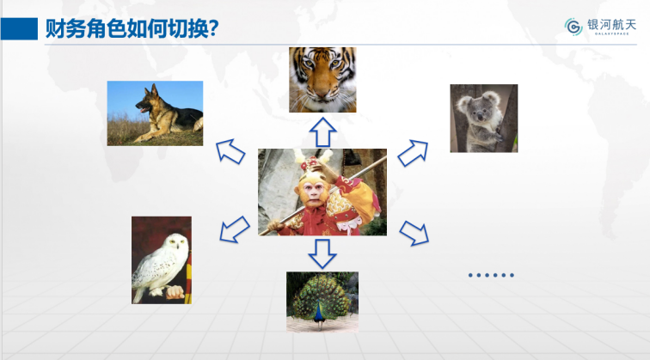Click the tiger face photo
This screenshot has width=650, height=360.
[322, 80]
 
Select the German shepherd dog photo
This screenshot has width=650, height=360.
[155, 113]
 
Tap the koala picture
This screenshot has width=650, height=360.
[484, 118]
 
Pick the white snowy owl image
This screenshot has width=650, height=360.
[162, 260]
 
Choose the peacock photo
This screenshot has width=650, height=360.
[322, 302]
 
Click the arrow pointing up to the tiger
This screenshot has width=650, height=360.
[323, 132]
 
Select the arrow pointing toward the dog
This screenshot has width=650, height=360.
[230, 151]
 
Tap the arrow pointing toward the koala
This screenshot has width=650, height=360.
[413, 153]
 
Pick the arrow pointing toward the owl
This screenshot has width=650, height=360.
[234, 229]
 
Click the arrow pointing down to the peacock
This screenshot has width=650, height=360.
[322, 253]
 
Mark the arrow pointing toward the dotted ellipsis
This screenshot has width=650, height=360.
[414, 233]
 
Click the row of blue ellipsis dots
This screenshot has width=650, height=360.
[491, 275]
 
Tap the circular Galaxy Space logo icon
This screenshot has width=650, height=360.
[573, 27]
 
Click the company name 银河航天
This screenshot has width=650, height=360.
[611, 25]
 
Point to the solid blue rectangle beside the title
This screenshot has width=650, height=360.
[19, 28]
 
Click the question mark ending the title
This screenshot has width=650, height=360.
[214, 28]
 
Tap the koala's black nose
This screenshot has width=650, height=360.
[480, 117]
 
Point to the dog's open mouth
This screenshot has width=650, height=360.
[143, 110]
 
